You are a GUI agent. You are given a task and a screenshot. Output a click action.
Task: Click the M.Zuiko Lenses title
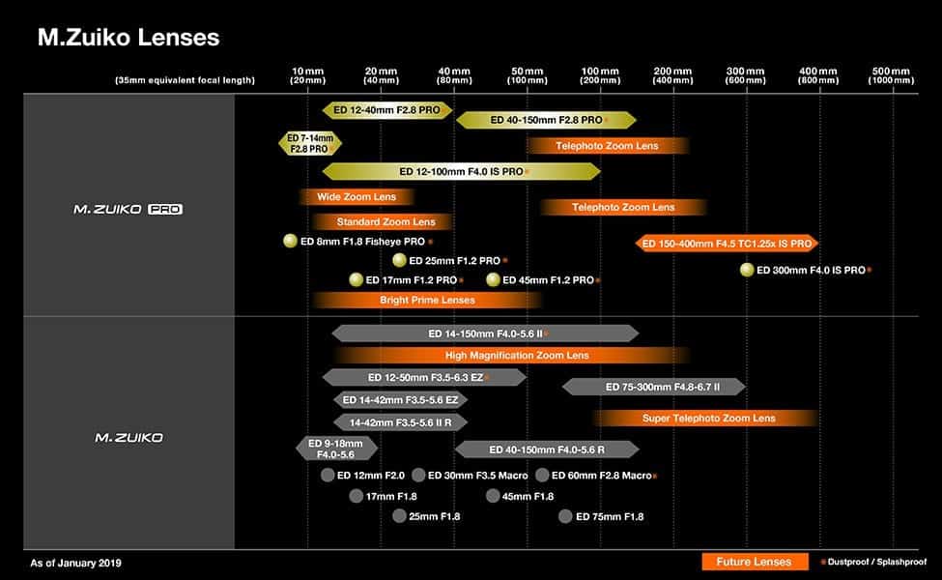click(x=128, y=38)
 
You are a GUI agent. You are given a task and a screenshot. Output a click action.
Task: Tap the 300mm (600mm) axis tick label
click(x=745, y=75)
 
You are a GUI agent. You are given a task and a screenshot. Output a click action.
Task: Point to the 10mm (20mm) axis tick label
click(x=307, y=75)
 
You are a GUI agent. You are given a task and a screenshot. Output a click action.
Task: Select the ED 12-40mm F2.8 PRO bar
click(x=386, y=110)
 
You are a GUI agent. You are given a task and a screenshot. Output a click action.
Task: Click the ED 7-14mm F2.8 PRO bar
click(x=310, y=144)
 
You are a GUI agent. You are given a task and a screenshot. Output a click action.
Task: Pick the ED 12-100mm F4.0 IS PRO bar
click(x=462, y=172)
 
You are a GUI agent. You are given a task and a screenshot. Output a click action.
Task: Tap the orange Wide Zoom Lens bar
click(x=357, y=196)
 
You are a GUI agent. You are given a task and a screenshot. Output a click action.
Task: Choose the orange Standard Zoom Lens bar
click(x=382, y=221)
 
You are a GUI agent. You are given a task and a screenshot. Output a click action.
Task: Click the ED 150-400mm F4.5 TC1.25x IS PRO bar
click(x=727, y=244)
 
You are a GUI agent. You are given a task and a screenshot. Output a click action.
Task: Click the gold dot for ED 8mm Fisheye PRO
click(x=290, y=241)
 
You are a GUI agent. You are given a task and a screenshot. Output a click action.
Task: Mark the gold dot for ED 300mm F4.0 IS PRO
click(x=747, y=270)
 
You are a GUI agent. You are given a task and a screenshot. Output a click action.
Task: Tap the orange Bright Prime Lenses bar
click(x=427, y=300)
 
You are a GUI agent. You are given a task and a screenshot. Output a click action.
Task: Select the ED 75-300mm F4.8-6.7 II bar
click(x=654, y=387)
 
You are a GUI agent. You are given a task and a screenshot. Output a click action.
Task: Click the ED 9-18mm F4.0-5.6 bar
click(x=336, y=449)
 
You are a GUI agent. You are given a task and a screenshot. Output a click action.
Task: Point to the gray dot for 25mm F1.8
click(x=400, y=515)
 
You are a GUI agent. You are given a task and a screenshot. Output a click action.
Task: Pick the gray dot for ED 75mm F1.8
click(x=565, y=516)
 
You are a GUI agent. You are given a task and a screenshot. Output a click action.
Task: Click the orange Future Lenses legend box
click(x=755, y=562)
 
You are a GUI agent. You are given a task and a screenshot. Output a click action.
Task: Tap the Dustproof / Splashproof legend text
click(x=876, y=562)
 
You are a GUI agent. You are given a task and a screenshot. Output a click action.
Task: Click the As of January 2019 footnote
click(x=75, y=564)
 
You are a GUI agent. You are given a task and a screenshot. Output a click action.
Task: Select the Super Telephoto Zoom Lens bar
click(x=706, y=418)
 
